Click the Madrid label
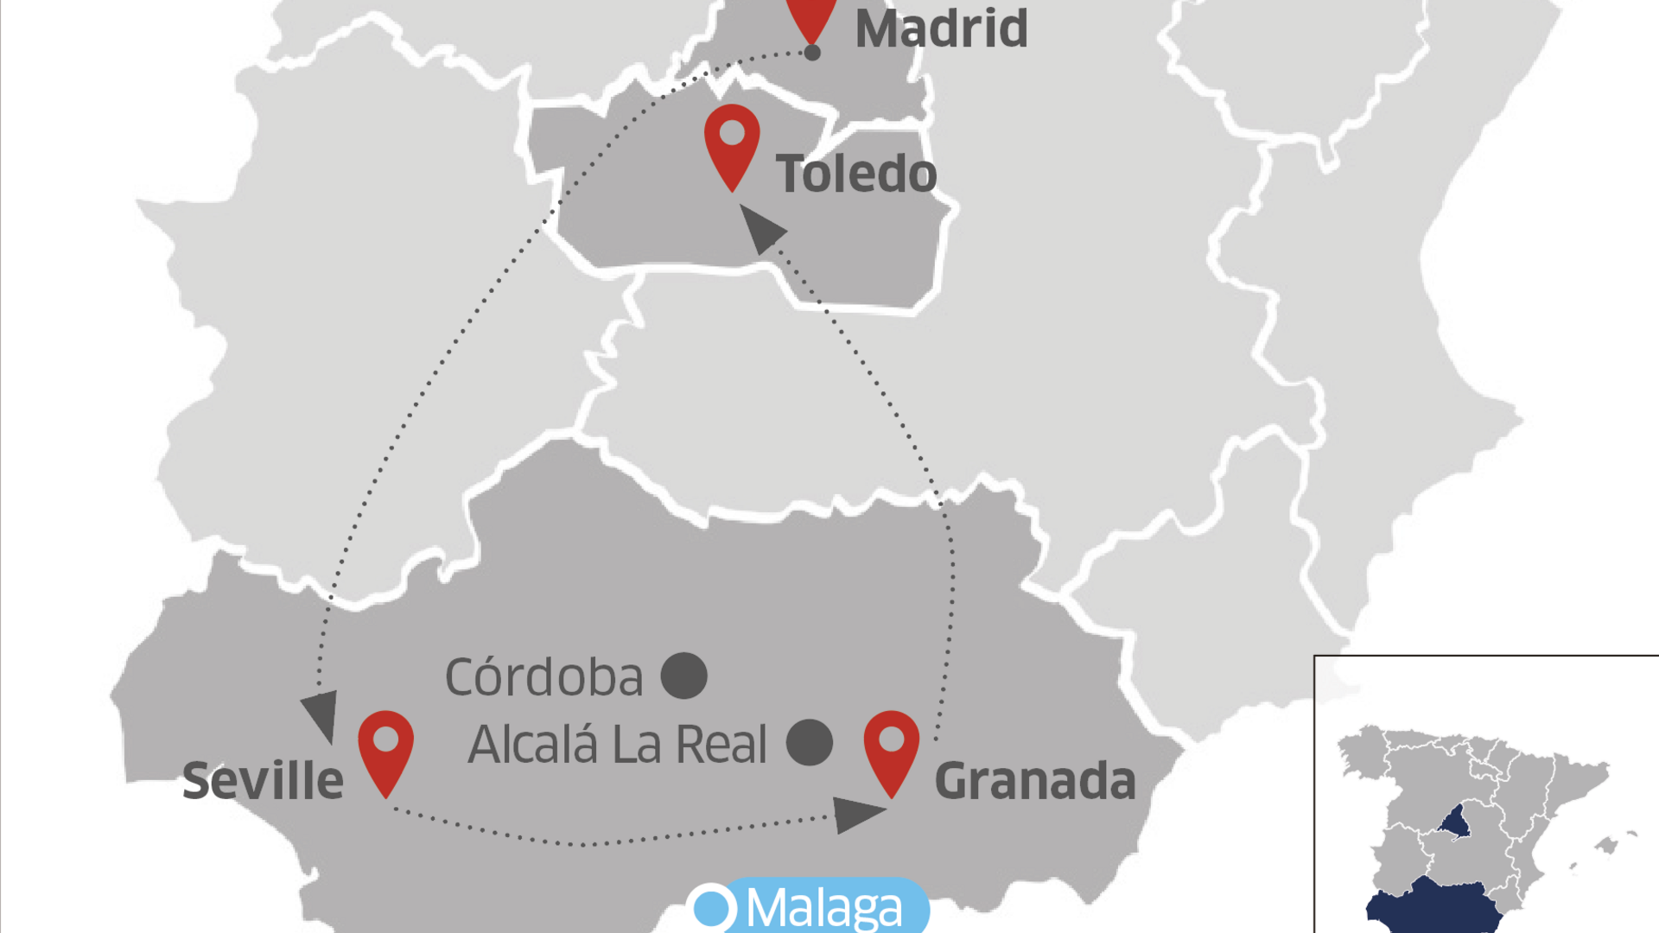(941, 29)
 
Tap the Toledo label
(856, 174)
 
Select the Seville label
(263, 781)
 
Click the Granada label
(1035, 781)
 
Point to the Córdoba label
(543, 677)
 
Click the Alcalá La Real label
(617, 745)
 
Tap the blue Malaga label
(823, 908)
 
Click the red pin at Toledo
(732, 143)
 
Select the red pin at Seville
(385, 748)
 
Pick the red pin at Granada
(892, 748)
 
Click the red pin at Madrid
(811, 16)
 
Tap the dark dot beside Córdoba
(684, 676)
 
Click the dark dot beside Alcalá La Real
(810, 743)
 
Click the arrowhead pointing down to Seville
(321, 714)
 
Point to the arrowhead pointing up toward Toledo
(760, 228)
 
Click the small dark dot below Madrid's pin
(812, 53)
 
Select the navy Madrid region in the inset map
(1456, 822)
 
